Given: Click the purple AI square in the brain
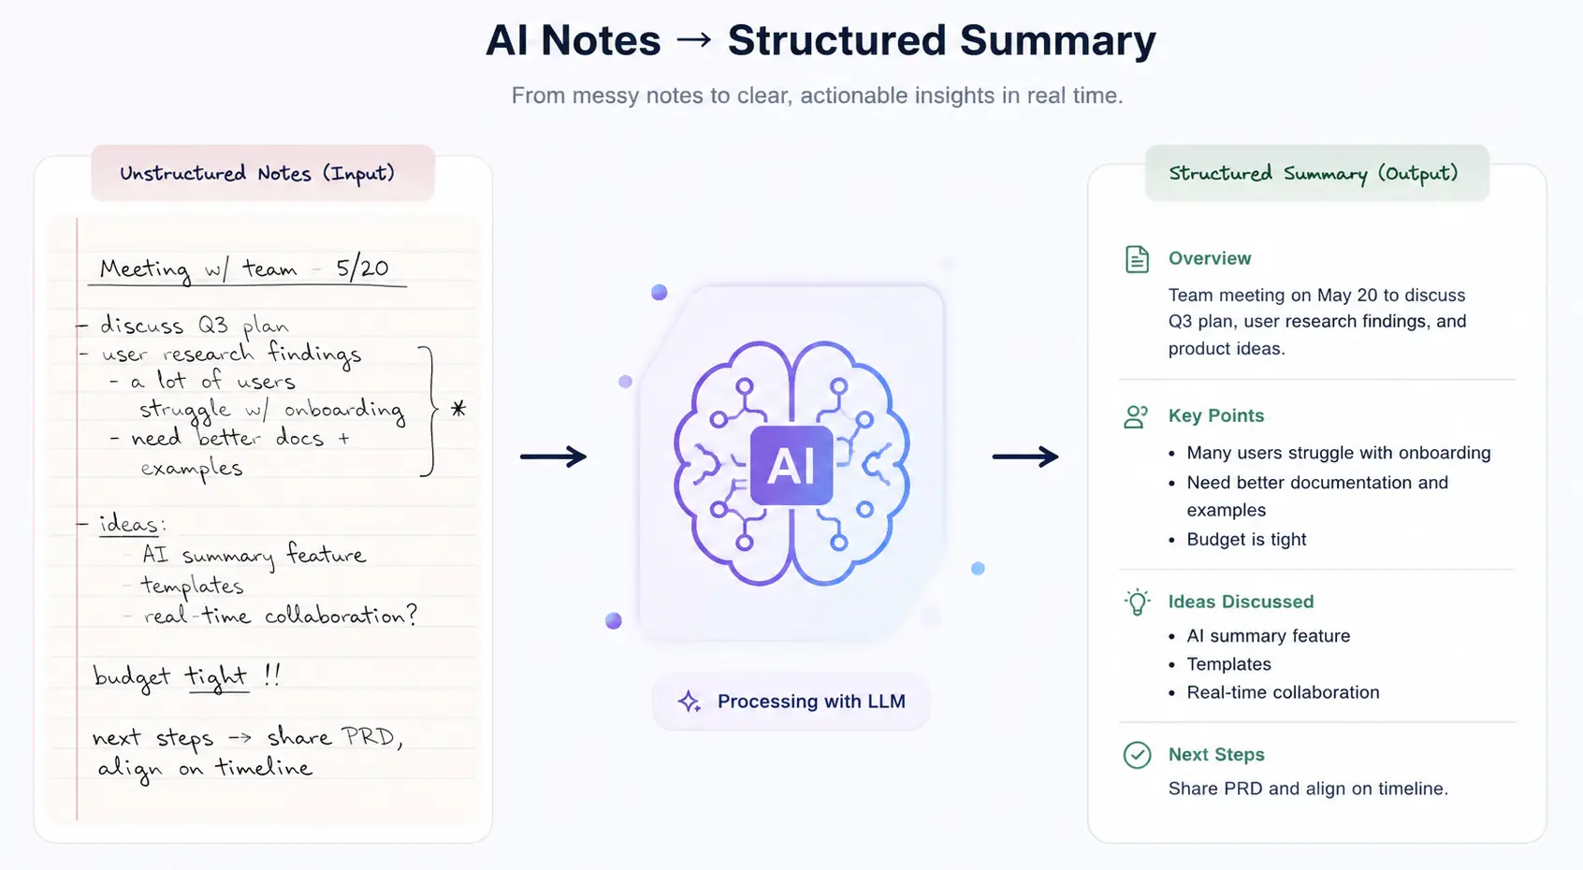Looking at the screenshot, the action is [791, 465].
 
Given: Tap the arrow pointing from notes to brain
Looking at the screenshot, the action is [553, 457].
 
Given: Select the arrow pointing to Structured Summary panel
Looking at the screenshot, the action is [1025, 457].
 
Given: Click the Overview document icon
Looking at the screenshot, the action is [1137, 259].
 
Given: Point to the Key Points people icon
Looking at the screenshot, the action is [1136, 416].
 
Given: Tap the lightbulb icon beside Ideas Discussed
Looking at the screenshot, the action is [1137, 602].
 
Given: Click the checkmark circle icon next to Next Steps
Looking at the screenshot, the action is [1137, 755].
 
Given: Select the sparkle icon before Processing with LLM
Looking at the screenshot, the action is [689, 701].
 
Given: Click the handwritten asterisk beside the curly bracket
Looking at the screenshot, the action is [458, 409].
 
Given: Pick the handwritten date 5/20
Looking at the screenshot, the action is [362, 268].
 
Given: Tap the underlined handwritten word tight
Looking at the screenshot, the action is [216, 677].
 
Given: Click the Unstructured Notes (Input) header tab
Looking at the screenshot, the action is [262, 173].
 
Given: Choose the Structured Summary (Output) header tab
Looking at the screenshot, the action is [1316, 173].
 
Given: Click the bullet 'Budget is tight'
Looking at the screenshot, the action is [1246, 539].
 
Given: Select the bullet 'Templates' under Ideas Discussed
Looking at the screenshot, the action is [1228, 664].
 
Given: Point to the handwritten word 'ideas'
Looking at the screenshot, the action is [129, 524].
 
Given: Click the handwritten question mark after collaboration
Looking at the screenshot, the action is [412, 615].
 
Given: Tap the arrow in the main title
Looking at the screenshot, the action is [694, 39].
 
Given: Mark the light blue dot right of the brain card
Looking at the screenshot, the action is [978, 568].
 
